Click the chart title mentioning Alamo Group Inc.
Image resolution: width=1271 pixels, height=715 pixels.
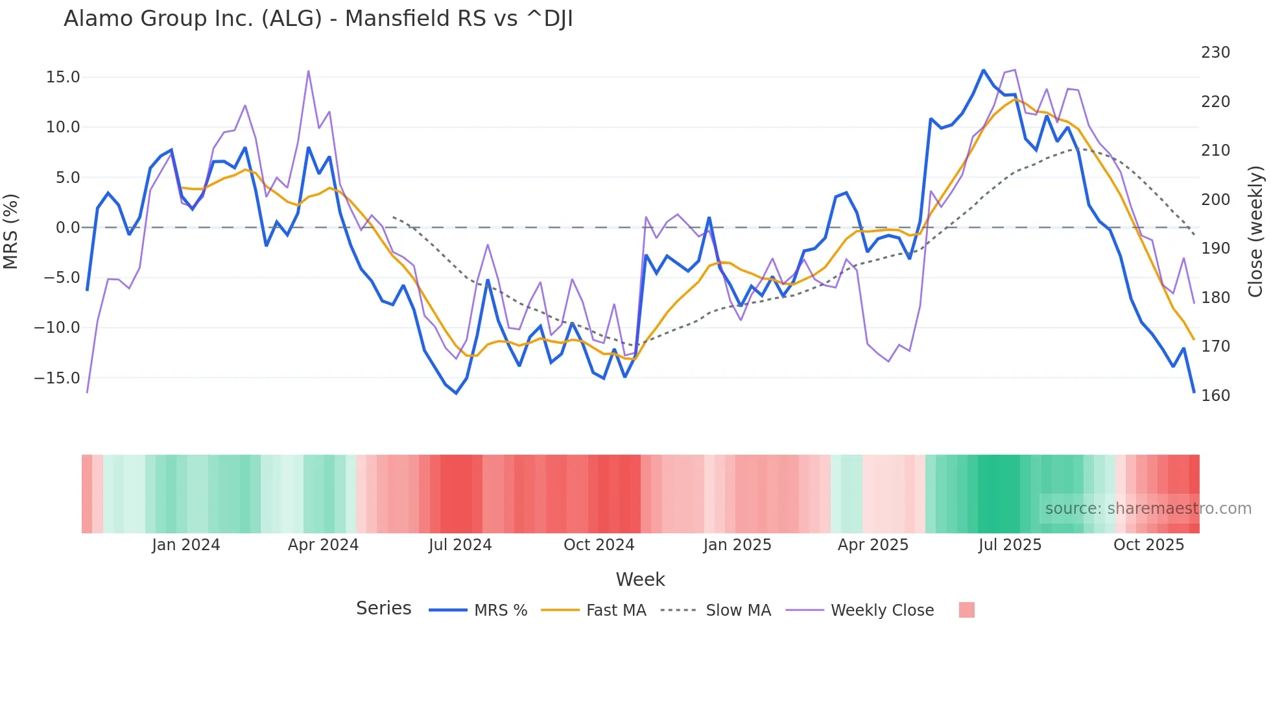coord(318,19)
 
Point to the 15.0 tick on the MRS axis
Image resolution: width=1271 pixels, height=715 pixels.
coord(63,77)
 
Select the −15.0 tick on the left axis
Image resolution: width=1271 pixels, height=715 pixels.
coord(57,378)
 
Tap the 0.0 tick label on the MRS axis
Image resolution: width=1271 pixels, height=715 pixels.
coord(67,228)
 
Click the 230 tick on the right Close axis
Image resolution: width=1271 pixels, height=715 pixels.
coord(1215,53)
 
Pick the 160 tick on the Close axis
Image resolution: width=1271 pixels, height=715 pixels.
coord(1215,396)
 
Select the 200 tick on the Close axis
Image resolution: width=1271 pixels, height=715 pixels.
coord(1215,200)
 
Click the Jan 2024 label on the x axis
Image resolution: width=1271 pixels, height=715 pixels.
coord(186,545)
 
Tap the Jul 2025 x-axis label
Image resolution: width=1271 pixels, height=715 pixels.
coord(1010,545)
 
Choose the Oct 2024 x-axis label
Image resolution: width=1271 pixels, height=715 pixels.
coord(599,545)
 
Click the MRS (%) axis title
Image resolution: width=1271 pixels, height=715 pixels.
coord(11,231)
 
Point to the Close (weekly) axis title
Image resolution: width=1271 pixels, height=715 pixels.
coord(1256,231)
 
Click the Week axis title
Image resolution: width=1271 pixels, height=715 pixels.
coord(640,579)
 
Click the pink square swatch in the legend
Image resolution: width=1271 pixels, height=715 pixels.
coord(966,610)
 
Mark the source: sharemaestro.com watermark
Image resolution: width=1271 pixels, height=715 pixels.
coord(1148,509)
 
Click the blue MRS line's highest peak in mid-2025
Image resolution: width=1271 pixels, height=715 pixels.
coord(983,70)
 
